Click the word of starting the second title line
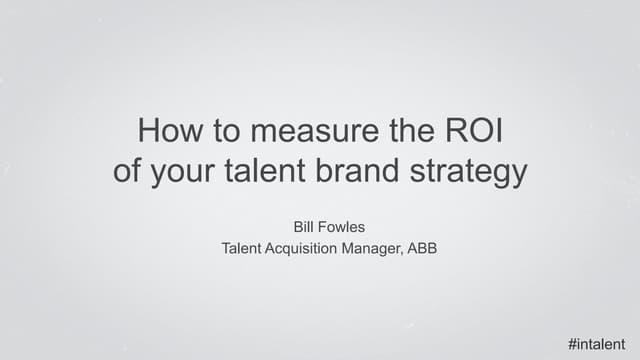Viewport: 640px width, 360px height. click(x=127, y=171)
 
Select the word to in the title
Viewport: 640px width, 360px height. click(x=224, y=132)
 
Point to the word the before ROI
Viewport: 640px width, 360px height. click(x=401, y=132)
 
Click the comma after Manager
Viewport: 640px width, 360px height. click(x=402, y=253)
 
